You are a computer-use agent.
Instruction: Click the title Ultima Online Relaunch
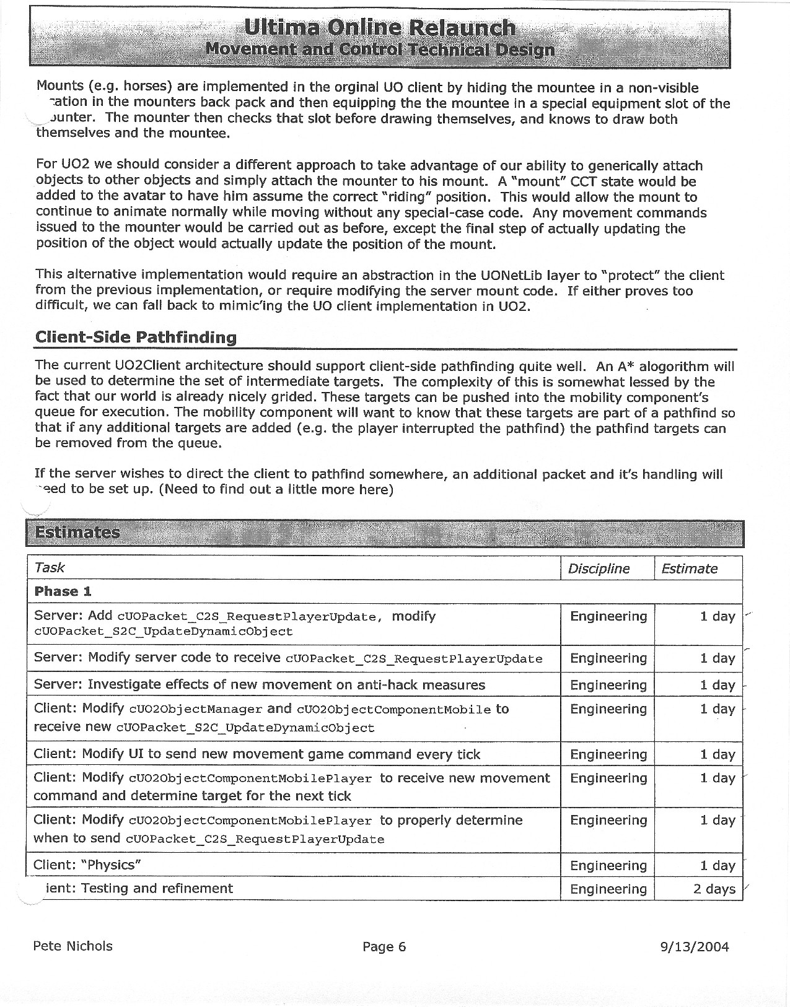[x=379, y=27]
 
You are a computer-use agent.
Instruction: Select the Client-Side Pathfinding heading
[x=136, y=337]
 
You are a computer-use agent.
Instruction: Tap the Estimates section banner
[x=77, y=533]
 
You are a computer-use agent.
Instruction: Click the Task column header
[x=50, y=567]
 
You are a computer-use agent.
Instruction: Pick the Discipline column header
[x=599, y=569]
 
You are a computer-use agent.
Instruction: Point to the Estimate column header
[x=689, y=569]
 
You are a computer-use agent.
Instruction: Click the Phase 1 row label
[x=63, y=591]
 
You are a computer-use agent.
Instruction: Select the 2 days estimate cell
[x=714, y=889]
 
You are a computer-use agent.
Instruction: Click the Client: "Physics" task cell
[x=88, y=865]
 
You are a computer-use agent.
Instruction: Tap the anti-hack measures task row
[x=260, y=685]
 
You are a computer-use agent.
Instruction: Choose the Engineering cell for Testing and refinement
[x=608, y=889]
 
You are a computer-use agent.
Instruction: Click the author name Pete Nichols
[x=72, y=946]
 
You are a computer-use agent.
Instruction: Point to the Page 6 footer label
[x=384, y=946]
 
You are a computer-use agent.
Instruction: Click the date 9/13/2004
[x=695, y=946]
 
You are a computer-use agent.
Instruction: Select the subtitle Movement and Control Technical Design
[x=379, y=50]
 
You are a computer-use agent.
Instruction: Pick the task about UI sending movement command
[x=257, y=754]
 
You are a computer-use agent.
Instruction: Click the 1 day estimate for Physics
[x=717, y=866]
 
